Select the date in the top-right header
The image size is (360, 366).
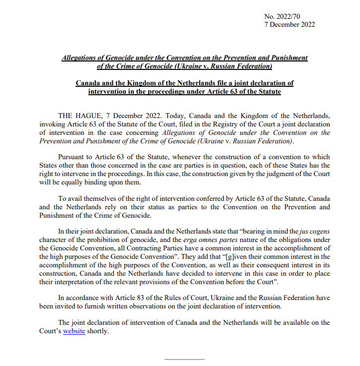289,25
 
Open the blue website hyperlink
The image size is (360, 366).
74,331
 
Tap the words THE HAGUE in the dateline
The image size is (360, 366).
78,116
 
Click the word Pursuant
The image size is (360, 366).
72,157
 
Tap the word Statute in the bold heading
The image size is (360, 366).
268,92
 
